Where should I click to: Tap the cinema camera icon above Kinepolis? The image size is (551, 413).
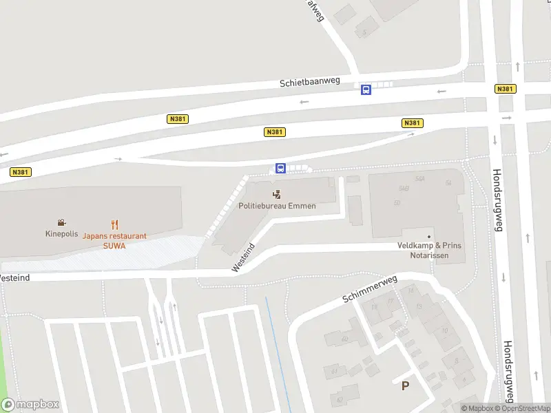click(61, 222)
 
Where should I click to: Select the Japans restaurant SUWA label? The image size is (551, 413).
click(114, 240)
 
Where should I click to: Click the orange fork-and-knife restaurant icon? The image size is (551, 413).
click(114, 224)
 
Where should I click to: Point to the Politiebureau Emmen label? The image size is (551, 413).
click(277, 205)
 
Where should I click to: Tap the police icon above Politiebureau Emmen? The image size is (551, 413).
click(277, 194)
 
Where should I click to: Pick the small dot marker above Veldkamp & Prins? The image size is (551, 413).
click(428, 237)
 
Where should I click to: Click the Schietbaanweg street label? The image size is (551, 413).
click(309, 82)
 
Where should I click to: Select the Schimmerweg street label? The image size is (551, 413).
click(369, 291)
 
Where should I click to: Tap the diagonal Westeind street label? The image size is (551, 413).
click(244, 257)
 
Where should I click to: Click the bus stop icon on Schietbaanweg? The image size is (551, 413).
click(366, 89)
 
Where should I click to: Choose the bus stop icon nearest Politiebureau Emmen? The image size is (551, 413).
click(280, 168)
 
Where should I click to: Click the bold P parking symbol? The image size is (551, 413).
click(406, 386)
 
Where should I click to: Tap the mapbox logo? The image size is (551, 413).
click(30, 405)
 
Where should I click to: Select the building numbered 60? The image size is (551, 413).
click(344, 339)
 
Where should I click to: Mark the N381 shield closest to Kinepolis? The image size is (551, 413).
click(20, 172)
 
